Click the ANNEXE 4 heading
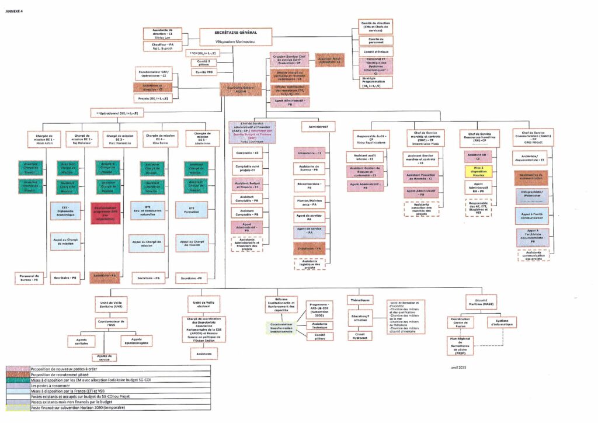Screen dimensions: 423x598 coord(14,11)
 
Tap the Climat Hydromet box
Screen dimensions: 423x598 coord(360,335)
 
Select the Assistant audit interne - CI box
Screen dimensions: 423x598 coord(364,157)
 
